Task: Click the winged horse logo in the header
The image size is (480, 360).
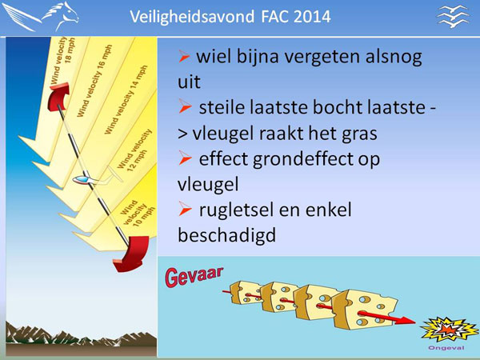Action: (x=40, y=16)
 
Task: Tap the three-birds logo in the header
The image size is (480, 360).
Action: (x=454, y=17)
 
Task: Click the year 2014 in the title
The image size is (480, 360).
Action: (x=312, y=17)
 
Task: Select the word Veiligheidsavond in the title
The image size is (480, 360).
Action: (x=192, y=17)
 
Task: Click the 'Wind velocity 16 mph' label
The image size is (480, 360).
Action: (x=94, y=81)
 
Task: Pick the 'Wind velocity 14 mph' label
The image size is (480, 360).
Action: (x=126, y=99)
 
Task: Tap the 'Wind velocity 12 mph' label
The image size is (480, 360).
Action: (x=135, y=150)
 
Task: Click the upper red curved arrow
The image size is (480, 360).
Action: (x=59, y=96)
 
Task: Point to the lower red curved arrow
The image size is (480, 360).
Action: (x=131, y=254)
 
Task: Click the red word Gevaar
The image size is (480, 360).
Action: (x=194, y=277)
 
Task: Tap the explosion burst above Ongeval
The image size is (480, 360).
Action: (x=449, y=330)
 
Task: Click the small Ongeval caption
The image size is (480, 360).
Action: (x=446, y=348)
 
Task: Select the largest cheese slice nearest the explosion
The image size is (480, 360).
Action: (x=364, y=310)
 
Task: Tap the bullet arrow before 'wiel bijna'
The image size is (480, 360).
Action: (x=184, y=56)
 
